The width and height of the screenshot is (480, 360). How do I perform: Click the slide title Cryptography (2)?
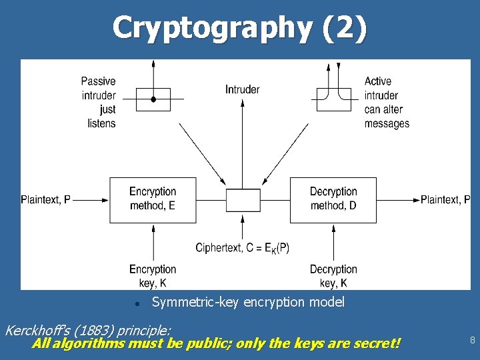pos(239,28)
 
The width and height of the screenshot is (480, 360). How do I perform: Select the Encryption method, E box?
pos(153,199)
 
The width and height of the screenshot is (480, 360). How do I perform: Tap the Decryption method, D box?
pos(333,199)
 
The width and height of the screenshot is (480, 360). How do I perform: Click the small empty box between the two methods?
pos(243,199)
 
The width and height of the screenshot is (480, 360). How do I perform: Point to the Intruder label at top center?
pos(243,89)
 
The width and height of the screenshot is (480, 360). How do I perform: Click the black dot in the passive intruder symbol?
pos(153,99)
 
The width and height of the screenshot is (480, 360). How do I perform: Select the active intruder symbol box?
pos(333,99)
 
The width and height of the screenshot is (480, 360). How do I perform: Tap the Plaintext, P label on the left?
pos(45,199)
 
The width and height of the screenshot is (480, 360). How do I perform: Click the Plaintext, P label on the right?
pos(445,199)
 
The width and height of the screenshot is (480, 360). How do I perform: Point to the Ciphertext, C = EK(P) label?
pos(243,248)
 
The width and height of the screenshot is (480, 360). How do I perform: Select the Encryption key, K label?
pos(153,276)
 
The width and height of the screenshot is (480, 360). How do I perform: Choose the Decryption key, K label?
pos(333,276)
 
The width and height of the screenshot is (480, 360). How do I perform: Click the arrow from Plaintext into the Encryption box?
pos(91,199)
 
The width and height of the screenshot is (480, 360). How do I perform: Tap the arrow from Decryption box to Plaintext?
pos(397,199)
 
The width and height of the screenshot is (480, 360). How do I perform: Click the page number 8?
pos(472,340)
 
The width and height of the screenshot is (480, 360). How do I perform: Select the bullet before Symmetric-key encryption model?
pos(136,303)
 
